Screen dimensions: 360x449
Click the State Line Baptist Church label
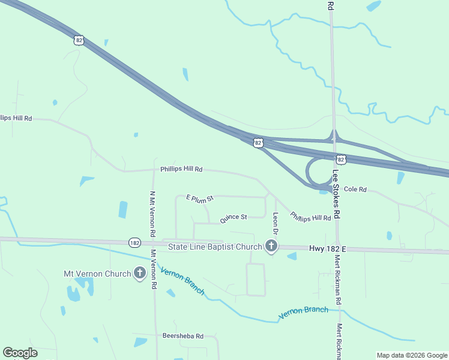point(215,247)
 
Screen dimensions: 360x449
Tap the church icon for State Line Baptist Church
point(271,246)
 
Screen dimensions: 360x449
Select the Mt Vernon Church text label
point(97,274)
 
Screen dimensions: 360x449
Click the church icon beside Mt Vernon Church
point(140,274)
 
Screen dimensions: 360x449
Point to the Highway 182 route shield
point(134,242)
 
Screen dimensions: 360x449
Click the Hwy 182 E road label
point(328,248)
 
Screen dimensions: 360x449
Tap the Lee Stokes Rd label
point(336,194)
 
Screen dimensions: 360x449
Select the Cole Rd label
point(355,190)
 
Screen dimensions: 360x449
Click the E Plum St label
point(200,198)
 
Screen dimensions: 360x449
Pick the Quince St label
point(234,218)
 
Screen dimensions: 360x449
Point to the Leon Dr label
point(276,223)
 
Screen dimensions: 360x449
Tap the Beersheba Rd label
point(183,336)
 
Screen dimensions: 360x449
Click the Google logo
point(20,353)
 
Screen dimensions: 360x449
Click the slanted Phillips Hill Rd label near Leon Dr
point(310,217)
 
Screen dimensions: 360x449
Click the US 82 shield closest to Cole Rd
point(340,160)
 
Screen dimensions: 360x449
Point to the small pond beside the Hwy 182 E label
point(292,256)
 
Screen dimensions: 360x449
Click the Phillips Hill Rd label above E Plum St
point(181,170)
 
